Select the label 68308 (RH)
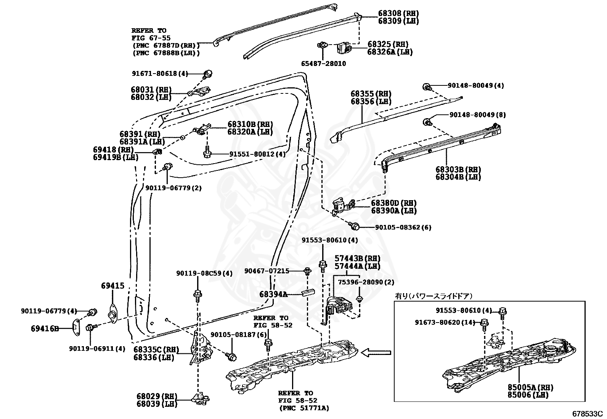pos(398,13)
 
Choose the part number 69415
pos(112,286)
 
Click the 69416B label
pos(45,328)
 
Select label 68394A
pos(273,294)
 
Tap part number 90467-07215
pos(267,271)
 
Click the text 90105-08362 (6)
pos(403,227)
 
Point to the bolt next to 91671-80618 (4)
pos(208,74)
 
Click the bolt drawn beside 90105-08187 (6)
pos(231,356)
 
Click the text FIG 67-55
pos(151,38)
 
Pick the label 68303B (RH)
pos(458,169)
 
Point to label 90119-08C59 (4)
pos(204,273)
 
